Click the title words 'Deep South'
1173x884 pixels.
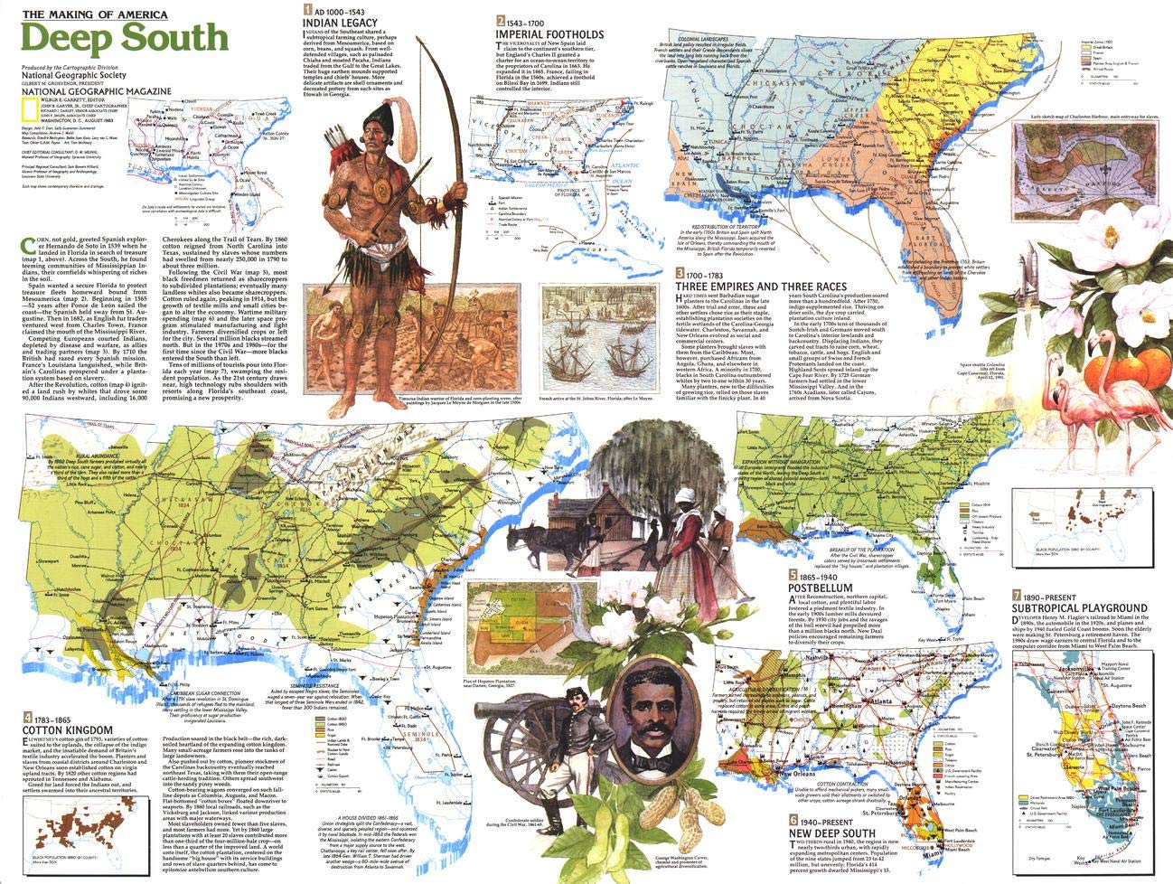pyautogui.click(x=124, y=37)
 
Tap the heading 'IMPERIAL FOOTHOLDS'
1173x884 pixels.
pyautogui.click(x=549, y=34)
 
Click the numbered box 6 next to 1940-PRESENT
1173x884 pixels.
pyautogui.click(x=793, y=822)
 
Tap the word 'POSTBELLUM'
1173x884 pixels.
pyautogui.click(x=821, y=588)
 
